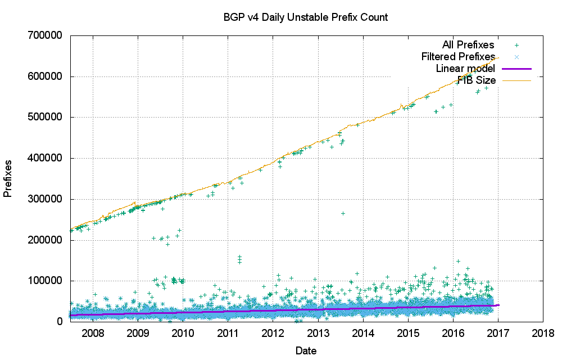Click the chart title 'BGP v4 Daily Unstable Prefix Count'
[x=306, y=17]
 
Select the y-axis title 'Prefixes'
[x=8, y=178]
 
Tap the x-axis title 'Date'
[x=306, y=351]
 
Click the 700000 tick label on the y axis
[x=47, y=35]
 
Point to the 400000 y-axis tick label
[x=47, y=158]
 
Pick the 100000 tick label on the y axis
[x=47, y=281]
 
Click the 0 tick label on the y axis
[x=60, y=322]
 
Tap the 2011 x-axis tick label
[x=228, y=332]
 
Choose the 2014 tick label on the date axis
[x=362, y=332]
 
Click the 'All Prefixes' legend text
[x=468, y=45]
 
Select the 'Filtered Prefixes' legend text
[x=458, y=57]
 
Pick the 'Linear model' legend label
[x=465, y=69]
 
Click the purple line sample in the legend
[x=516, y=69]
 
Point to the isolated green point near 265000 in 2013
[x=343, y=213]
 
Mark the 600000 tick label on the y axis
[x=47, y=76]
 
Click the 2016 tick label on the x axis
[x=453, y=332]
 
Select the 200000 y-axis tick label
[x=47, y=240]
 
